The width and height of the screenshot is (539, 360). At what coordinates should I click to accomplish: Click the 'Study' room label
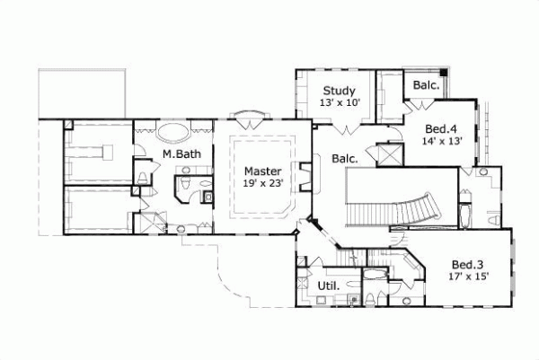click(x=339, y=91)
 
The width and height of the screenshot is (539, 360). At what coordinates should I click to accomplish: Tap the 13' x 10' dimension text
click(x=339, y=104)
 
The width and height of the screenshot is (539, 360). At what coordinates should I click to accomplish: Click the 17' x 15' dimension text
click(x=467, y=277)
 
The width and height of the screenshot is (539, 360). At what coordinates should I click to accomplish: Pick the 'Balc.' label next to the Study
click(x=426, y=85)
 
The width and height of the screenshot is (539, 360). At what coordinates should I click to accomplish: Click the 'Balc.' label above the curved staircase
click(x=345, y=159)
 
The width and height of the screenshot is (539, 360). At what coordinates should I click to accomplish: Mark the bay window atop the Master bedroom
click(x=248, y=116)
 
